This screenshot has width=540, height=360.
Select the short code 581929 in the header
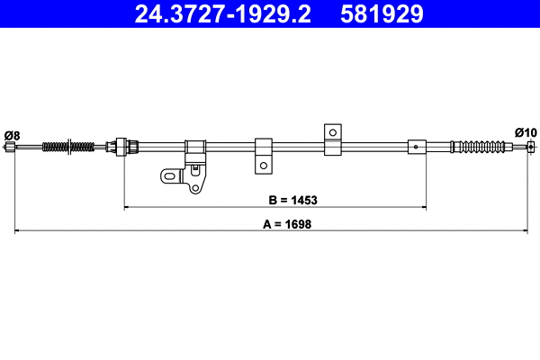click(382, 13)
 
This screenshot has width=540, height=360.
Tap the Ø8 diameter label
click(12, 134)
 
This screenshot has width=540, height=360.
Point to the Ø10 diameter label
click(526, 131)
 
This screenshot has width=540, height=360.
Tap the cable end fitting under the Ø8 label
click(11, 148)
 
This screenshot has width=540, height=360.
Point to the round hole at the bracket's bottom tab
click(193, 186)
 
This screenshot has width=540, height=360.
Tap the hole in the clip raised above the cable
click(332, 132)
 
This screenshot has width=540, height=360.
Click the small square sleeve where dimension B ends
click(417, 147)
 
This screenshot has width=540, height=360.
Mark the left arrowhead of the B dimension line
click(127, 208)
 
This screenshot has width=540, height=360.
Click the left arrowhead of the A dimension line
click(19, 232)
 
